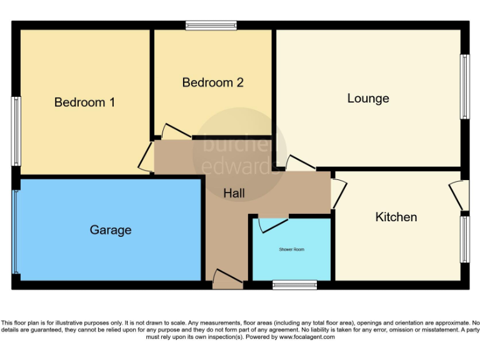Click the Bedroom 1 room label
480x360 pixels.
84,102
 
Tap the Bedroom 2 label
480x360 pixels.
212,82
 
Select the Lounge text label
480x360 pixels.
368,98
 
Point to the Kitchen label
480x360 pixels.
396,217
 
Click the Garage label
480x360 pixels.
111,229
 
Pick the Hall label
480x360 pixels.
234,194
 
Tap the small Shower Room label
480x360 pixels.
291,249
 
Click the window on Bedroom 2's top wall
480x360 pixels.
211,26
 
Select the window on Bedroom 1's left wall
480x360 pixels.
17,131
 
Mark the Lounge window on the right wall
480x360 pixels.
464,87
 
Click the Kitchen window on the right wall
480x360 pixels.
464,239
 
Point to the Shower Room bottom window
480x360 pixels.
294,285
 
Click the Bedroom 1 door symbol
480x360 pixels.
146,157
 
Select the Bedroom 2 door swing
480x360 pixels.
174,132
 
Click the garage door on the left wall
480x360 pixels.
14,231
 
